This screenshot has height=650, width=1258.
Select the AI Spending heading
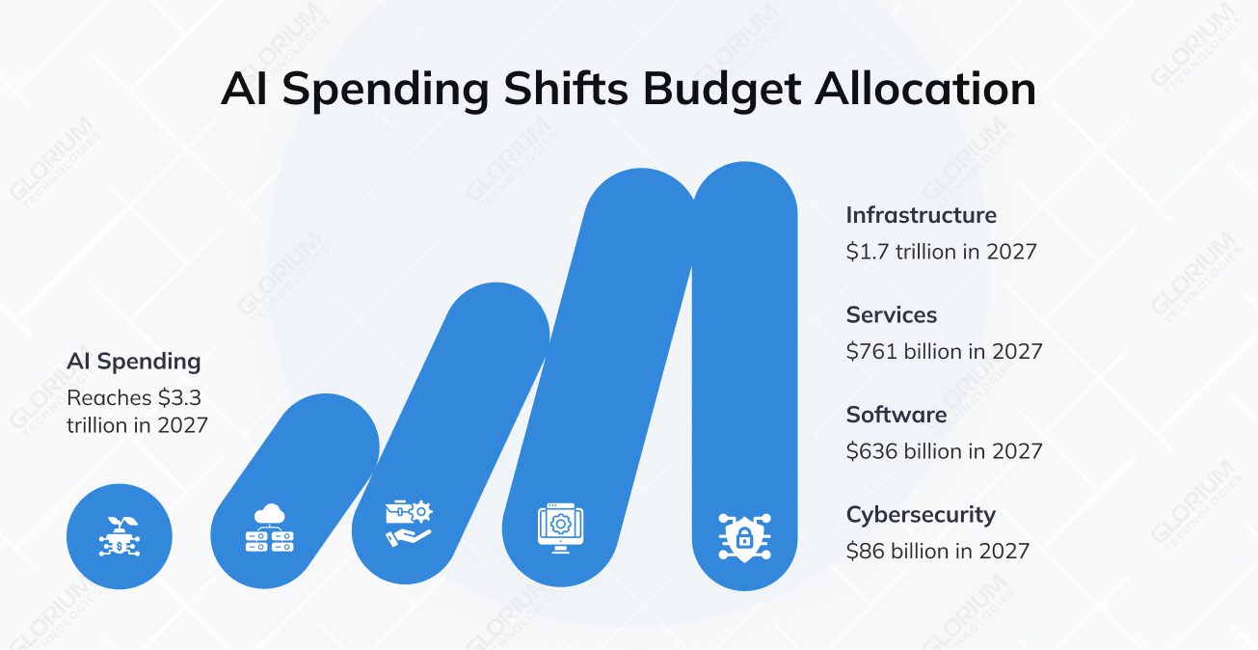[x=134, y=362]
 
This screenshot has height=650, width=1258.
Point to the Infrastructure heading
[x=921, y=215]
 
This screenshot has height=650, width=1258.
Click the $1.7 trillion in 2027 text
[x=941, y=252]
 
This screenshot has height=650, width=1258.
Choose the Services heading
[x=891, y=314]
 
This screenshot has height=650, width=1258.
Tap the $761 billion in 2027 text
[x=944, y=351]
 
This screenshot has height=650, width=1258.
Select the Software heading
[x=896, y=415]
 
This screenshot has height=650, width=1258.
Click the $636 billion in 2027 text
[x=944, y=451]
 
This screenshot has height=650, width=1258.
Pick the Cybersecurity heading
[x=920, y=514]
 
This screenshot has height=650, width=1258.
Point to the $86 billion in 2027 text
[x=937, y=551]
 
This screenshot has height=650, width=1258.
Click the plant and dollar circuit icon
[x=119, y=535]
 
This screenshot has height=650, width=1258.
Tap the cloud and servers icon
[x=269, y=528]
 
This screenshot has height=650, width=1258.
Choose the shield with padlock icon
[x=743, y=536]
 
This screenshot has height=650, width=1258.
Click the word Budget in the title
[x=721, y=90]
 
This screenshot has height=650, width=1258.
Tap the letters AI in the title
[x=245, y=90]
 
